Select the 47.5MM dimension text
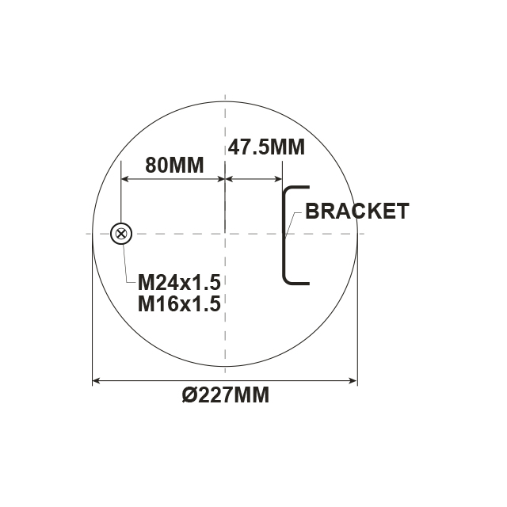[x=254, y=147]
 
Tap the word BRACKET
[x=356, y=211]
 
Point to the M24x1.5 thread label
[x=178, y=283]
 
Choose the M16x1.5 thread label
[x=178, y=303]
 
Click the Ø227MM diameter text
[x=226, y=395]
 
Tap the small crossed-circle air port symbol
[x=120, y=234]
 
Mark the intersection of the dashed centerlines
[x=226, y=234]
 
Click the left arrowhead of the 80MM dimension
[x=124, y=180]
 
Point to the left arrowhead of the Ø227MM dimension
[x=97, y=382]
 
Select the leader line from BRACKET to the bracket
[x=293, y=221]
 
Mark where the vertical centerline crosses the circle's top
[x=226, y=101]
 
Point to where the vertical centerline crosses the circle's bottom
[x=226, y=366]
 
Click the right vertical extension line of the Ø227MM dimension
[x=358, y=317]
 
